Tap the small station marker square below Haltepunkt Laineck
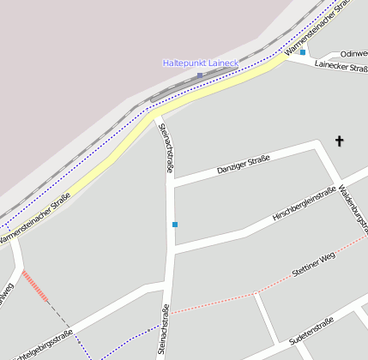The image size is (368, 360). click(200, 75)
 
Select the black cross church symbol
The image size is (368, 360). click(340, 141)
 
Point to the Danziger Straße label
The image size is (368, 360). click(244, 163)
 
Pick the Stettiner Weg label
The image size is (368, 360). click(312, 261)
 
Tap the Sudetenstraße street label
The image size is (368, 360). click(311, 331)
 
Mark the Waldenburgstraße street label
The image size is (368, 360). click(353, 207)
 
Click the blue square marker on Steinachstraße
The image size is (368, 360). click(175, 225)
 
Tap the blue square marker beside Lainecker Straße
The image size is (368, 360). click(303, 52)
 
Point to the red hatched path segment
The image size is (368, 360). click(35, 285)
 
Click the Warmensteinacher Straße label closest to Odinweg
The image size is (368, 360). click(318, 27)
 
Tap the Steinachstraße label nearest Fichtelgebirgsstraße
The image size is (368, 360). click(162, 331)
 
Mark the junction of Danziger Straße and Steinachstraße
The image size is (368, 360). click(171, 182)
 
